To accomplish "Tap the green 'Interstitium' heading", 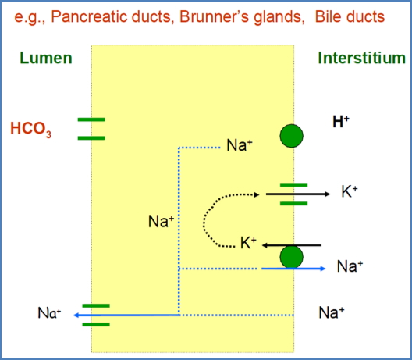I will coord(361,58).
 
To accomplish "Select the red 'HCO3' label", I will coord(30,129).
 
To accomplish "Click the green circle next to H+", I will coord(292,136).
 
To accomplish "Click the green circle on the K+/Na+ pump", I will coord(292,256).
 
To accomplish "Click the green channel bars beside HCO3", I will coord(91,129).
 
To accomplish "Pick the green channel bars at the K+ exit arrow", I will coord(293,194).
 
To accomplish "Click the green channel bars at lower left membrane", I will coord(94,315).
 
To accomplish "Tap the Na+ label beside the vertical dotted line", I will coord(160,222).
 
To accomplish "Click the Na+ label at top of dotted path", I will coord(239,145).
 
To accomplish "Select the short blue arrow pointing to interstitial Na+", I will coord(293,268).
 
